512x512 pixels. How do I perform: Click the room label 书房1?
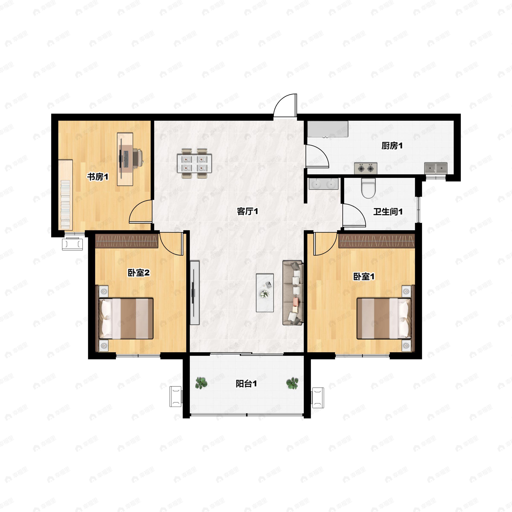pos(98,177)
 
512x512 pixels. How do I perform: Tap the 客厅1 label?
pos(247,211)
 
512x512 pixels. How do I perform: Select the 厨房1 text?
pos(392,145)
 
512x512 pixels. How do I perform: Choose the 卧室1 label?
pos(364,276)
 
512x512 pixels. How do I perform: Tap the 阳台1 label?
pos(246,384)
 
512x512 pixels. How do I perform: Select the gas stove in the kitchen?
pos(366,168)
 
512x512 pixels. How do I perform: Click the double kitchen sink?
pos(436,168)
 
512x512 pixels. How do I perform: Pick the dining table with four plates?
pos(195,163)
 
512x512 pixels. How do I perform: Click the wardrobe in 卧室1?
pos(377,241)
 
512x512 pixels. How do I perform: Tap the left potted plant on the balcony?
pos(201,383)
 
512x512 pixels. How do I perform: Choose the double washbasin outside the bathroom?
pos(324,184)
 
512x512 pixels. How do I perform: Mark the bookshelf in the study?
pos(65,195)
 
